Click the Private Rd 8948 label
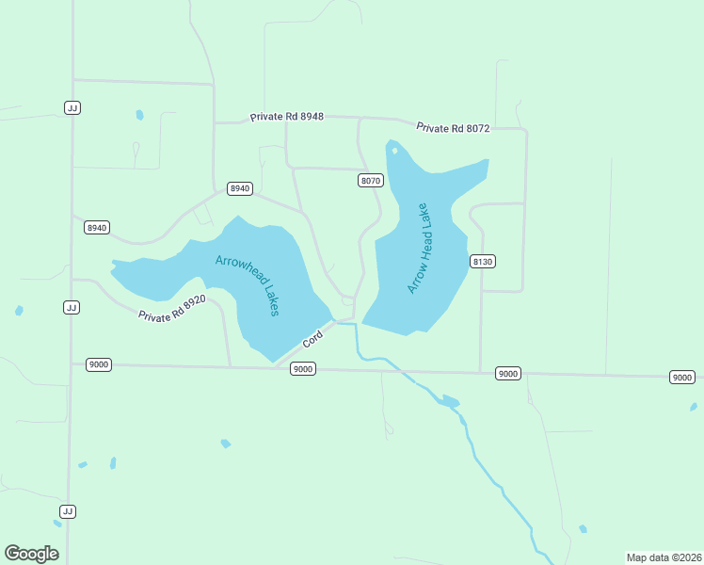(287, 117)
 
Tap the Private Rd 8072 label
(454, 128)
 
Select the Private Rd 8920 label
(172, 309)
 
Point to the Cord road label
(312, 338)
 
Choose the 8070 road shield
(371, 180)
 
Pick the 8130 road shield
(483, 261)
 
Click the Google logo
(31, 553)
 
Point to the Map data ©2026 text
(664, 557)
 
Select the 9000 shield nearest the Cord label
(302, 369)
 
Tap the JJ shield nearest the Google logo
(67, 511)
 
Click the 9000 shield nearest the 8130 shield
(508, 374)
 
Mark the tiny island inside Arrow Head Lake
(394, 149)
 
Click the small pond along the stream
(449, 401)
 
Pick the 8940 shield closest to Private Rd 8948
(240, 188)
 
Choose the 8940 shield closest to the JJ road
(97, 228)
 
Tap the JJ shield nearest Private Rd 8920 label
(71, 308)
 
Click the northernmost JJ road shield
(72, 107)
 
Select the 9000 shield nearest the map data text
(682, 377)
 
